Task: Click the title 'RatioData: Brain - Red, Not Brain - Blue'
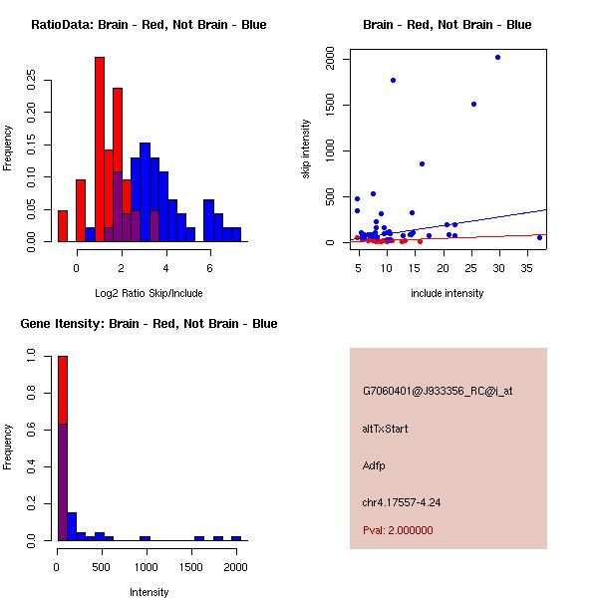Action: [x=149, y=25]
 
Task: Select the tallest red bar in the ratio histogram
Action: [x=100, y=149]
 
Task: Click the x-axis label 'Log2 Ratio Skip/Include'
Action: [x=149, y=292]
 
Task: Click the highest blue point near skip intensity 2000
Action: [x=497, y=57]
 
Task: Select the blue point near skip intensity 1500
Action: [x=473, y=104]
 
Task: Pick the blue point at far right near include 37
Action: [x=539, y=237]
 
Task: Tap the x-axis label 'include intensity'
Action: [x=448, y=293]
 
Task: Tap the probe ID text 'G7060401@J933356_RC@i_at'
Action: [x=438, y=392]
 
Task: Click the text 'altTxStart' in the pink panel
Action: [x=386, y=429]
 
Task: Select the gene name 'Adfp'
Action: [x=374, y=465]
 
